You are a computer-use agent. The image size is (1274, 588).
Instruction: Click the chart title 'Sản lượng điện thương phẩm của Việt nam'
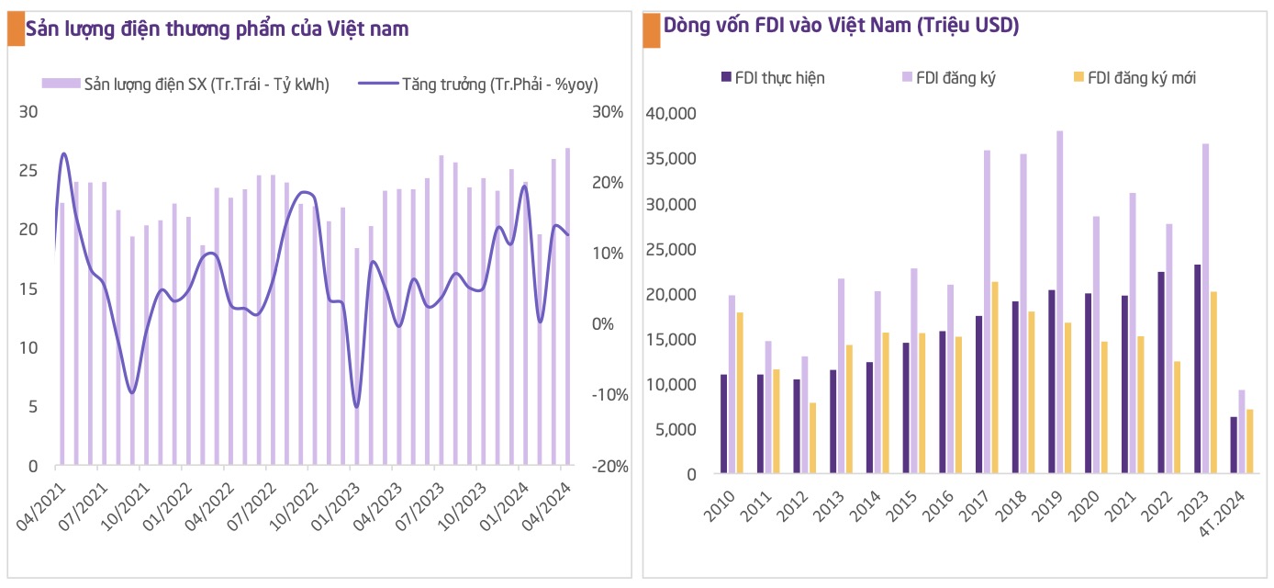click(x=218, y=28)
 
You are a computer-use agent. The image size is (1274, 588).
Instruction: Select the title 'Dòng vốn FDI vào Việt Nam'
click(x=841, y=26)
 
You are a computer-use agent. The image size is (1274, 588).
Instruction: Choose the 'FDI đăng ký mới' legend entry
click(x=1141, y=78)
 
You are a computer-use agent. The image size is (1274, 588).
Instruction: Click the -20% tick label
click(x=609, y=466)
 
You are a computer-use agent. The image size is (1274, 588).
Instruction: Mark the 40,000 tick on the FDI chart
click(x=672, y=114)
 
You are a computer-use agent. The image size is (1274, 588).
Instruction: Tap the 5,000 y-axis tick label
click(x=676, y=430)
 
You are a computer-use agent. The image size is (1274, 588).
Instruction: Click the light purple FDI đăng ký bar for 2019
click(x=1060, y=303)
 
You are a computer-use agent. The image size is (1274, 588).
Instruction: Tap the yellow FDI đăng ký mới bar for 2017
click(x=995, y=378)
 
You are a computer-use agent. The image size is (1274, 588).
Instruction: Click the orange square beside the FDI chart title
click(x=651, y=29)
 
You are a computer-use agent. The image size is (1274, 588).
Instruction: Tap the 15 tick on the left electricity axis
click(x=29, y=288)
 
